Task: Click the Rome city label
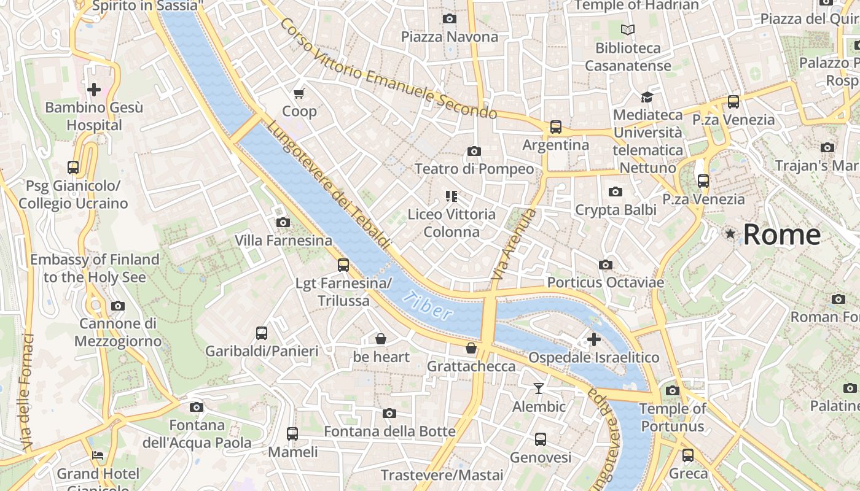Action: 781,235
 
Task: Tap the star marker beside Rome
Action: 730,234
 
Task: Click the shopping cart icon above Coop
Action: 299,93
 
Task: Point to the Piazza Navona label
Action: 450,37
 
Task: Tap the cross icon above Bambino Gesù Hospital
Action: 93,90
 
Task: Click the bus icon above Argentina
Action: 556,127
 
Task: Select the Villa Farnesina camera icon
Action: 283,222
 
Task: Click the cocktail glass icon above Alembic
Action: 539,389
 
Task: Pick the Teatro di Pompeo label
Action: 474,169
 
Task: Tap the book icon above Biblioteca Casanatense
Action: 628,29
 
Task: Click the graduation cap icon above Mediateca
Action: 647,97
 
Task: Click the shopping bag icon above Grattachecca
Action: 471,348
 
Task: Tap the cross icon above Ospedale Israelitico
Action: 593,339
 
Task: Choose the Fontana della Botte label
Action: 389,431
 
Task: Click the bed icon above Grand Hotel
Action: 98,455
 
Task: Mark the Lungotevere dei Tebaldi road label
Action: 329,185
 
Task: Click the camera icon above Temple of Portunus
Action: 673,390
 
